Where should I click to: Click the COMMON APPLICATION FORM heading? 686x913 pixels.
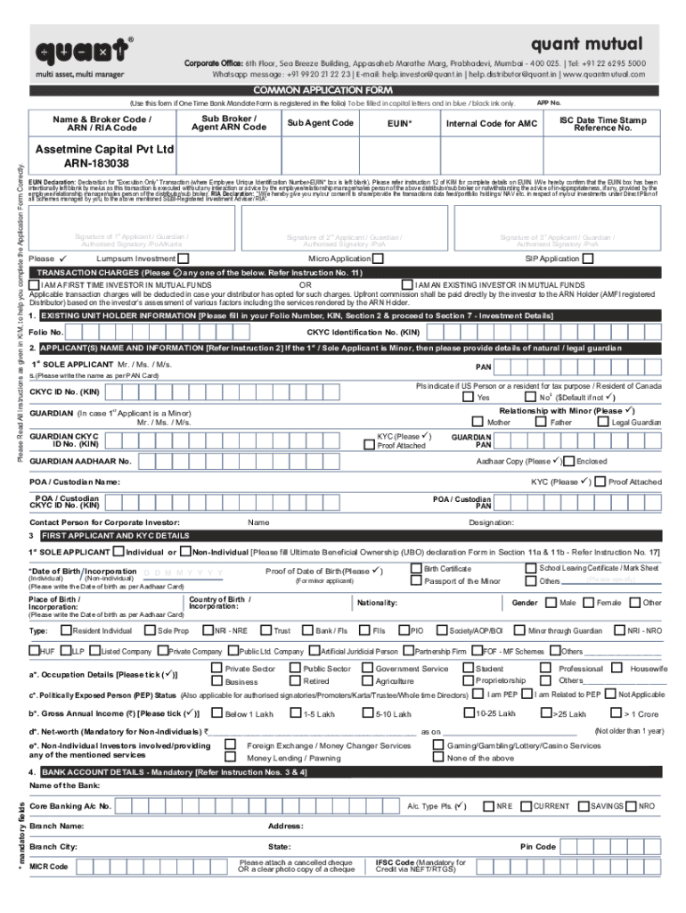pyautogui.click(x=343, y=90)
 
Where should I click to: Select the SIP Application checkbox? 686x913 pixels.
pyautogui.click(x=587, y=259)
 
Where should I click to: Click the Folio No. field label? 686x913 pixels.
pyautogui.click(x=45, y=332)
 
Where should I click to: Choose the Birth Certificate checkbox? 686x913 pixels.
pyautogui.click(x=415, y=568)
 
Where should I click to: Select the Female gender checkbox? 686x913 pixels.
pyautogui.click(x=587, y=603)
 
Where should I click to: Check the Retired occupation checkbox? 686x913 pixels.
pyautogui.click(x=294, y=680)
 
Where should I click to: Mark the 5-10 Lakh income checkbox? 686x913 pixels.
pyautogui.click(x=366, y=713)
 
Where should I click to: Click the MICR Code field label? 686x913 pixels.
pyautogui.click(x=48, y=867)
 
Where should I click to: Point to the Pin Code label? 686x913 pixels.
pyautogui.click(x=538, y=846)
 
